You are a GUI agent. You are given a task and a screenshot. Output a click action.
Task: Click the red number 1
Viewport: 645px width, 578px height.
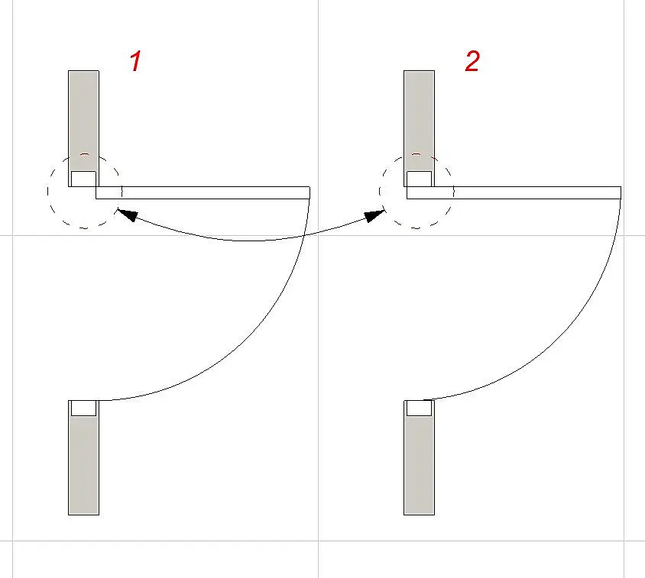136,61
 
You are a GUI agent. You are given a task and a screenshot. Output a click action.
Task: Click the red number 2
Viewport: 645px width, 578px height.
472,61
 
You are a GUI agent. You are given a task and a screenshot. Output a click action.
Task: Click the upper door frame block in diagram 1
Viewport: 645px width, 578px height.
83,179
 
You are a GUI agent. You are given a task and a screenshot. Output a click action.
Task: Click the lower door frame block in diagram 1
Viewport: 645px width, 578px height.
83,408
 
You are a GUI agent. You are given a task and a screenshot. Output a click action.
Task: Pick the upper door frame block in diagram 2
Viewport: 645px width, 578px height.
419,179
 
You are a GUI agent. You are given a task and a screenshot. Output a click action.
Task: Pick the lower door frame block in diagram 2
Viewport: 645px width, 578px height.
419,408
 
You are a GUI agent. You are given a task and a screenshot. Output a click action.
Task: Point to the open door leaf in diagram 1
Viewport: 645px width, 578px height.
203,192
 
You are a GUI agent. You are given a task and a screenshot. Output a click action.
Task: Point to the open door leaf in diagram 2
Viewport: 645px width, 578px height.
514,192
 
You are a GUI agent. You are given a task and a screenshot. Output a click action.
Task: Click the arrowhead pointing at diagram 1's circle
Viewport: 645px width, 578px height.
127,215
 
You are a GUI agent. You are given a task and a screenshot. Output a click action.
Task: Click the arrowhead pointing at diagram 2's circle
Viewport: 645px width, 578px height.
374,216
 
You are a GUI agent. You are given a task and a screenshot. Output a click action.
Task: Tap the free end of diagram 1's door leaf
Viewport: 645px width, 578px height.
310,192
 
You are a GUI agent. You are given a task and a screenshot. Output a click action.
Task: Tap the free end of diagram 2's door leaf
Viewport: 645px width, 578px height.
621,192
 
